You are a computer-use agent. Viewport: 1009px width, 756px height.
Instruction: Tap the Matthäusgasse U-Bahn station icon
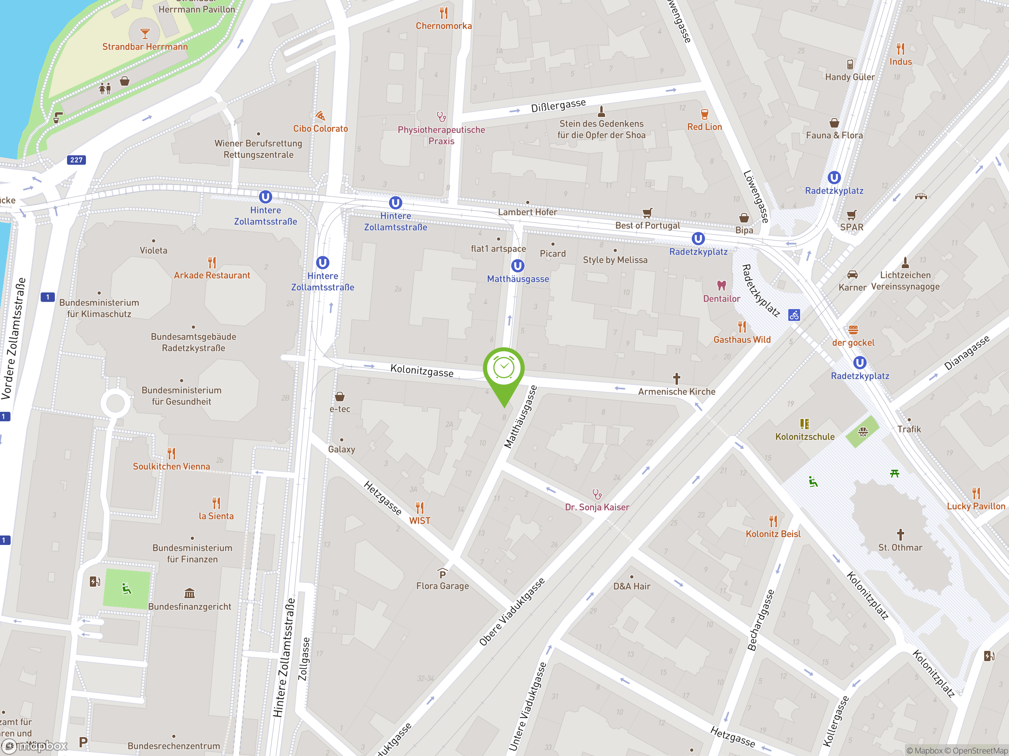(x=517, y=266)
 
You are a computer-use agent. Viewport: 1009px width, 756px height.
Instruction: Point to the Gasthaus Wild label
(x=742, y=339)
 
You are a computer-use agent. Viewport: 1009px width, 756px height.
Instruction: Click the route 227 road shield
(x=76, y=160)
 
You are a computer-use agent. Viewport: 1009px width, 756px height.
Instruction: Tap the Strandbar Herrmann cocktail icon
(x=145, y=33)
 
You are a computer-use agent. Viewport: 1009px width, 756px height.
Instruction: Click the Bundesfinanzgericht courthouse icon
(x=189, y=593)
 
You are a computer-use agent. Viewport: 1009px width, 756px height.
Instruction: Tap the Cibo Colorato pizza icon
(x=320, y=116)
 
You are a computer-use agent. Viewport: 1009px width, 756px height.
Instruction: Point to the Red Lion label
(x=704, y=127)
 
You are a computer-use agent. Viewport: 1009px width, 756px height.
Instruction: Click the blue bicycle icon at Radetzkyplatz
(x=794, y=315)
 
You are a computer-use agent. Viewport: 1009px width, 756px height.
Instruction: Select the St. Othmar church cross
(x=900, y=534)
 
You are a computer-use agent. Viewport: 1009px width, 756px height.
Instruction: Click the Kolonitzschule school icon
(x=805, y=424)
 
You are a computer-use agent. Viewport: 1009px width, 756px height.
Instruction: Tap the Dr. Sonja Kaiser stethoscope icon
(x=597, y=494)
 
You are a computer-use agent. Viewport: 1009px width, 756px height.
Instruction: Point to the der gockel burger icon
(x=853, y=330)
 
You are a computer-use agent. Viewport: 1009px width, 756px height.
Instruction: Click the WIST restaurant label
(x=419, y=521)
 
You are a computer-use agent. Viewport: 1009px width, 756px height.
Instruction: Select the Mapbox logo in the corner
(x=34, y=746)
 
